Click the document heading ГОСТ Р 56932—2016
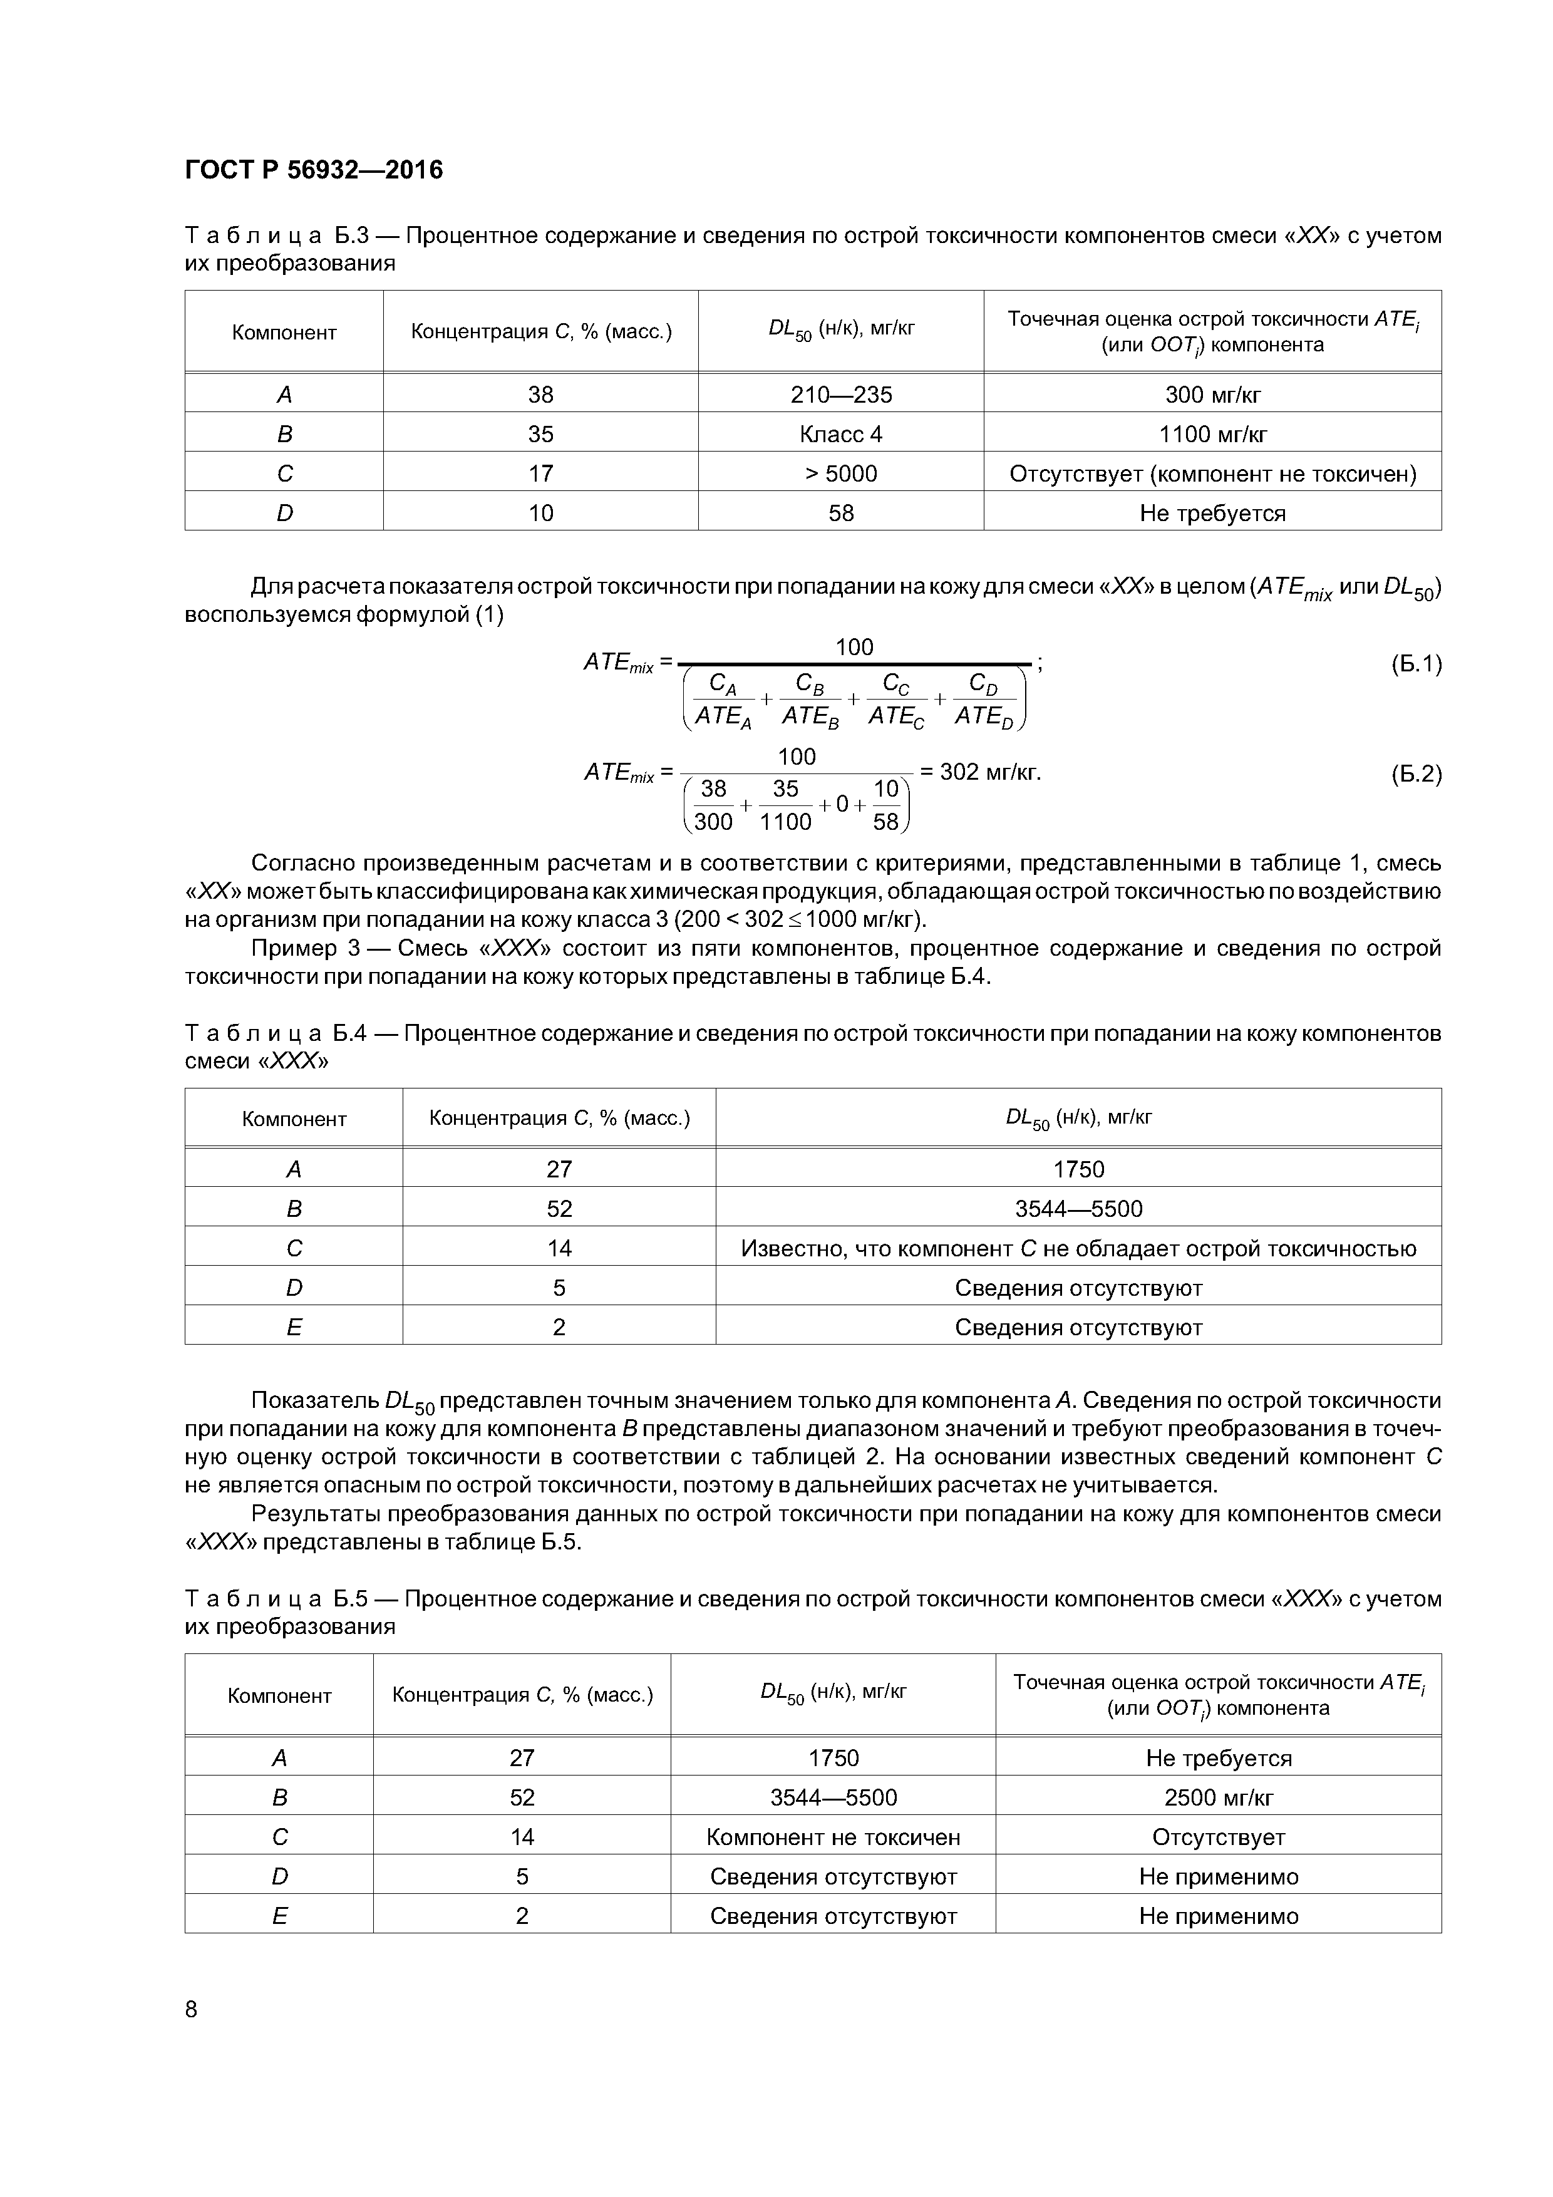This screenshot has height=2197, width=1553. tap(314, 170)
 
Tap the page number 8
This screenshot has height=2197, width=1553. tap(192, 2008)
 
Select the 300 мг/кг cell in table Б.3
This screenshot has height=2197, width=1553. tap(1212, 394)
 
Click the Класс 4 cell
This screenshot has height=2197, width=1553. tap(840, 435)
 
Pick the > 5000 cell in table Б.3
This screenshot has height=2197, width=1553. tap(840, 473)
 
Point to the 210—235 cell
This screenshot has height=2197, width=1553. tap(840, 394)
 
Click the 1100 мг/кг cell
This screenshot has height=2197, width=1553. tap(1212, 435)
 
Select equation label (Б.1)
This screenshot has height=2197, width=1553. tap(1415, 664)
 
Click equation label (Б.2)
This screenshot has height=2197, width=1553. tap(1415, 774)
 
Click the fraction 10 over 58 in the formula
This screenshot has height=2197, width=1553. tap(886, 805)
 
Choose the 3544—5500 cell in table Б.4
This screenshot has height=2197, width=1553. tap(1078, 1209)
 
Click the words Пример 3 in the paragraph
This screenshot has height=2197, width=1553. tap(294, 948)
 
